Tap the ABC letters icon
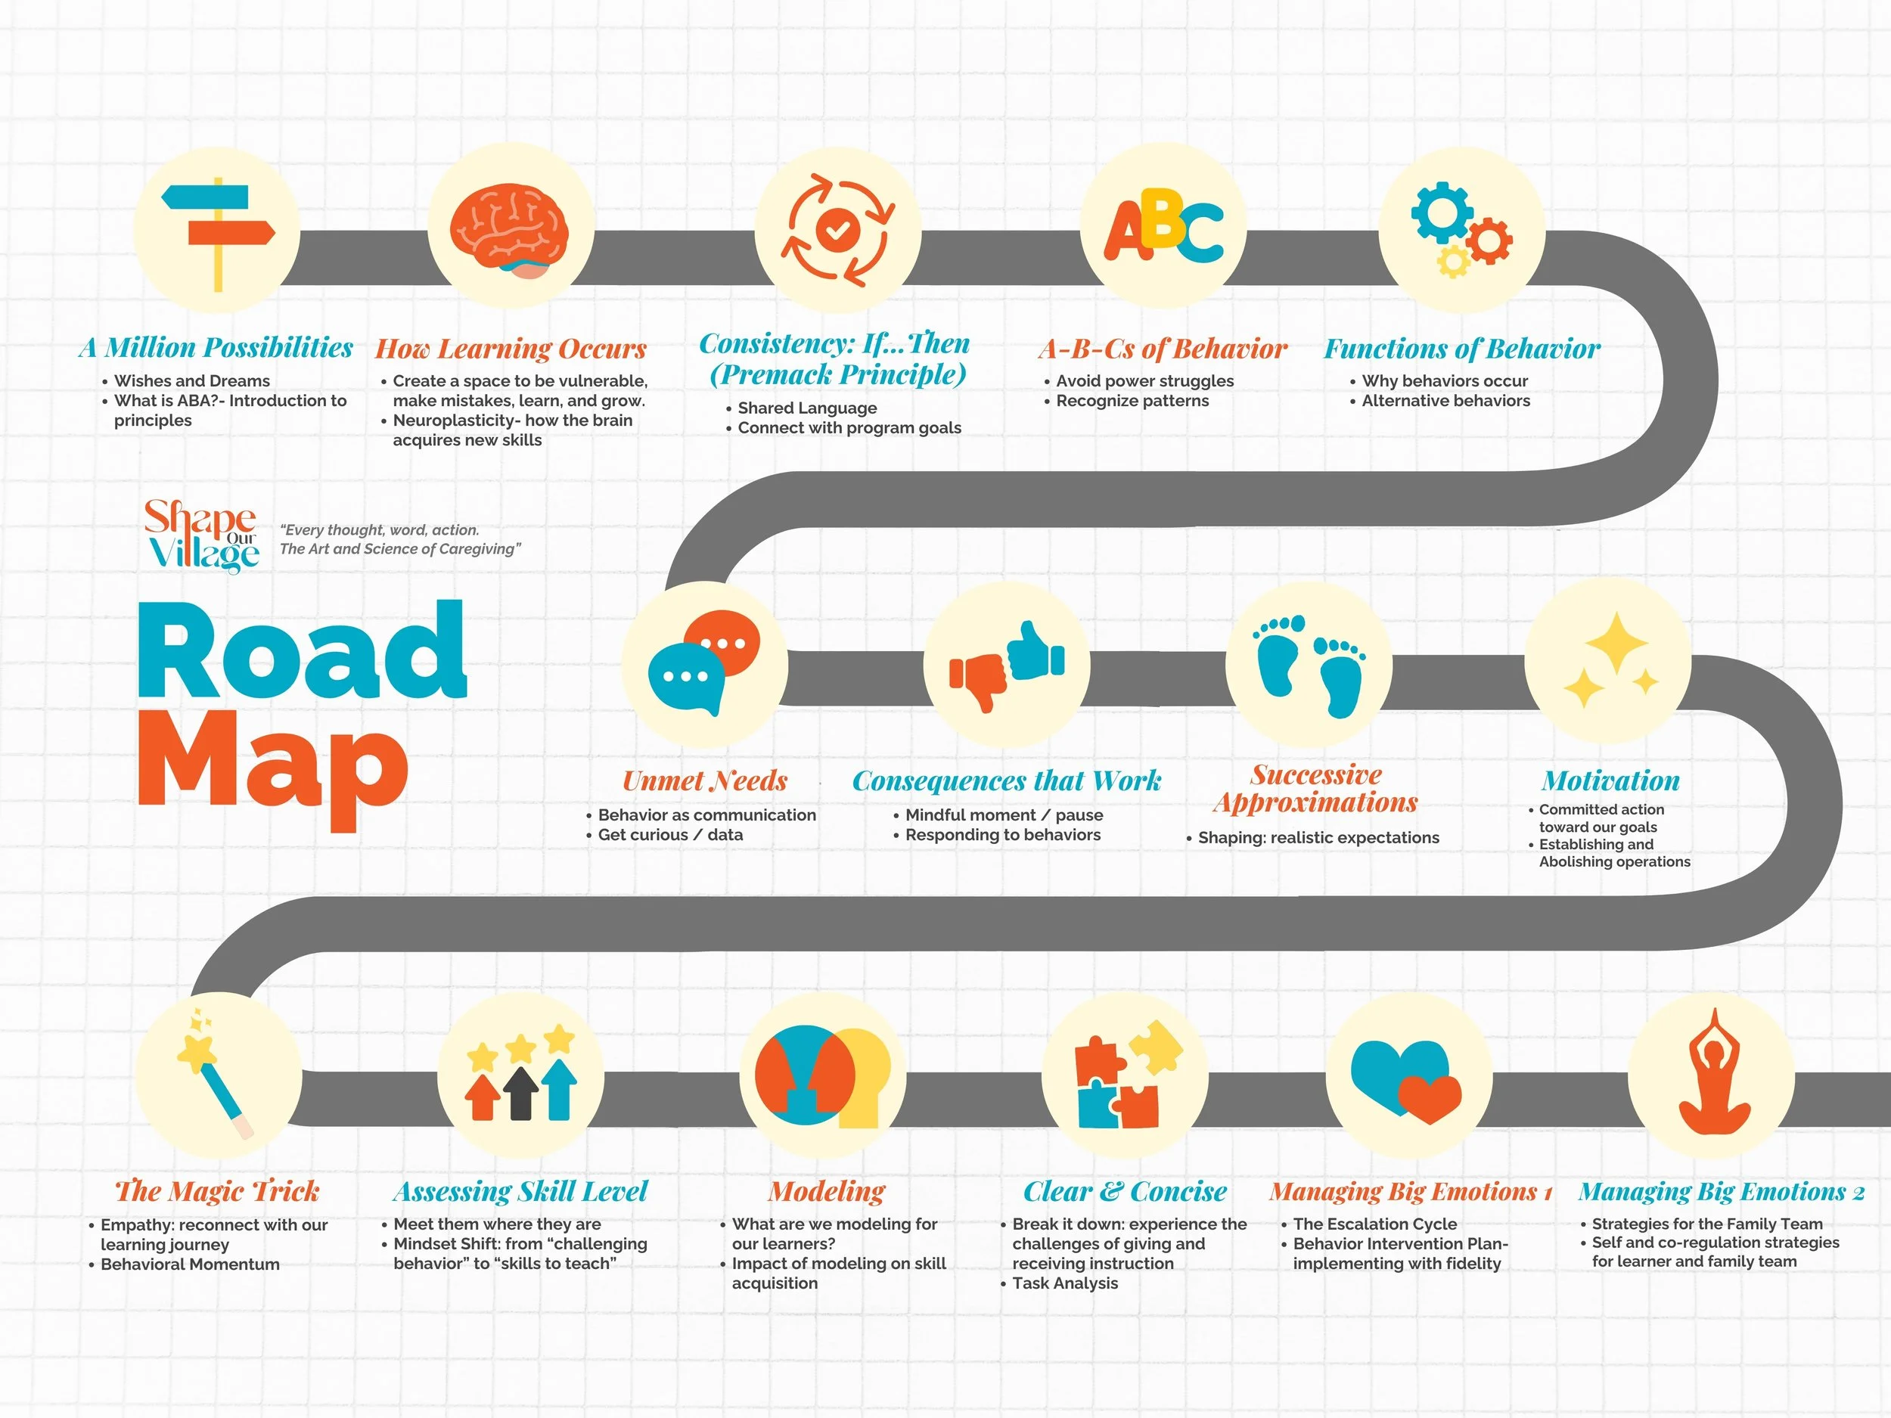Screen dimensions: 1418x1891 point(1163,228)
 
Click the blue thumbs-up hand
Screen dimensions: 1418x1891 point(1036,650)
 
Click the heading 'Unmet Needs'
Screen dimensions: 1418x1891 point(704,780)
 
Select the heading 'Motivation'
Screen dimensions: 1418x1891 point(1610,780)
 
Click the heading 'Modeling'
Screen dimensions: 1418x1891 point(827,1190)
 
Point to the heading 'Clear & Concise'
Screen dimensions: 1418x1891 point(1125,1190)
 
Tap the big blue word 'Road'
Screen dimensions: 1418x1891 point(302,652)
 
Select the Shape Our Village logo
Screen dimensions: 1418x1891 point(202,537)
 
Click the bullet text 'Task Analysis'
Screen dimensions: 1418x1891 point(1064,1283)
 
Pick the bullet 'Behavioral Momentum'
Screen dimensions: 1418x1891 point(190,1264)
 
